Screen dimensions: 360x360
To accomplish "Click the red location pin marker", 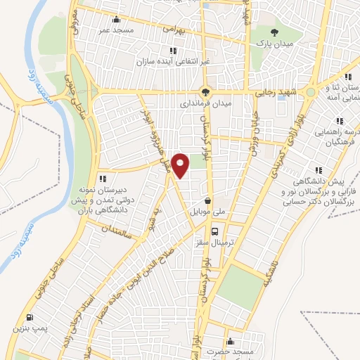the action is [181, 165].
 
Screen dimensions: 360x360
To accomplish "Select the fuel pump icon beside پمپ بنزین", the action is [29, 317].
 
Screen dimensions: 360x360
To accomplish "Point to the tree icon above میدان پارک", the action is [274, 32].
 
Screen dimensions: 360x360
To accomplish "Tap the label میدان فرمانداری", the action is [205, 103].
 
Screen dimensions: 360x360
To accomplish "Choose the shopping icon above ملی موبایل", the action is [207, 200].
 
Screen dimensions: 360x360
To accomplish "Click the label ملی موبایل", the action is [207, 210].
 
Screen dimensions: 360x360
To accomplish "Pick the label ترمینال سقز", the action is [215, 241].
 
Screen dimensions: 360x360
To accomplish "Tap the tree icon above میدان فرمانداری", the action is [205, 91].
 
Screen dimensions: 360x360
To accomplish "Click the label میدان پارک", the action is [274, 43].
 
